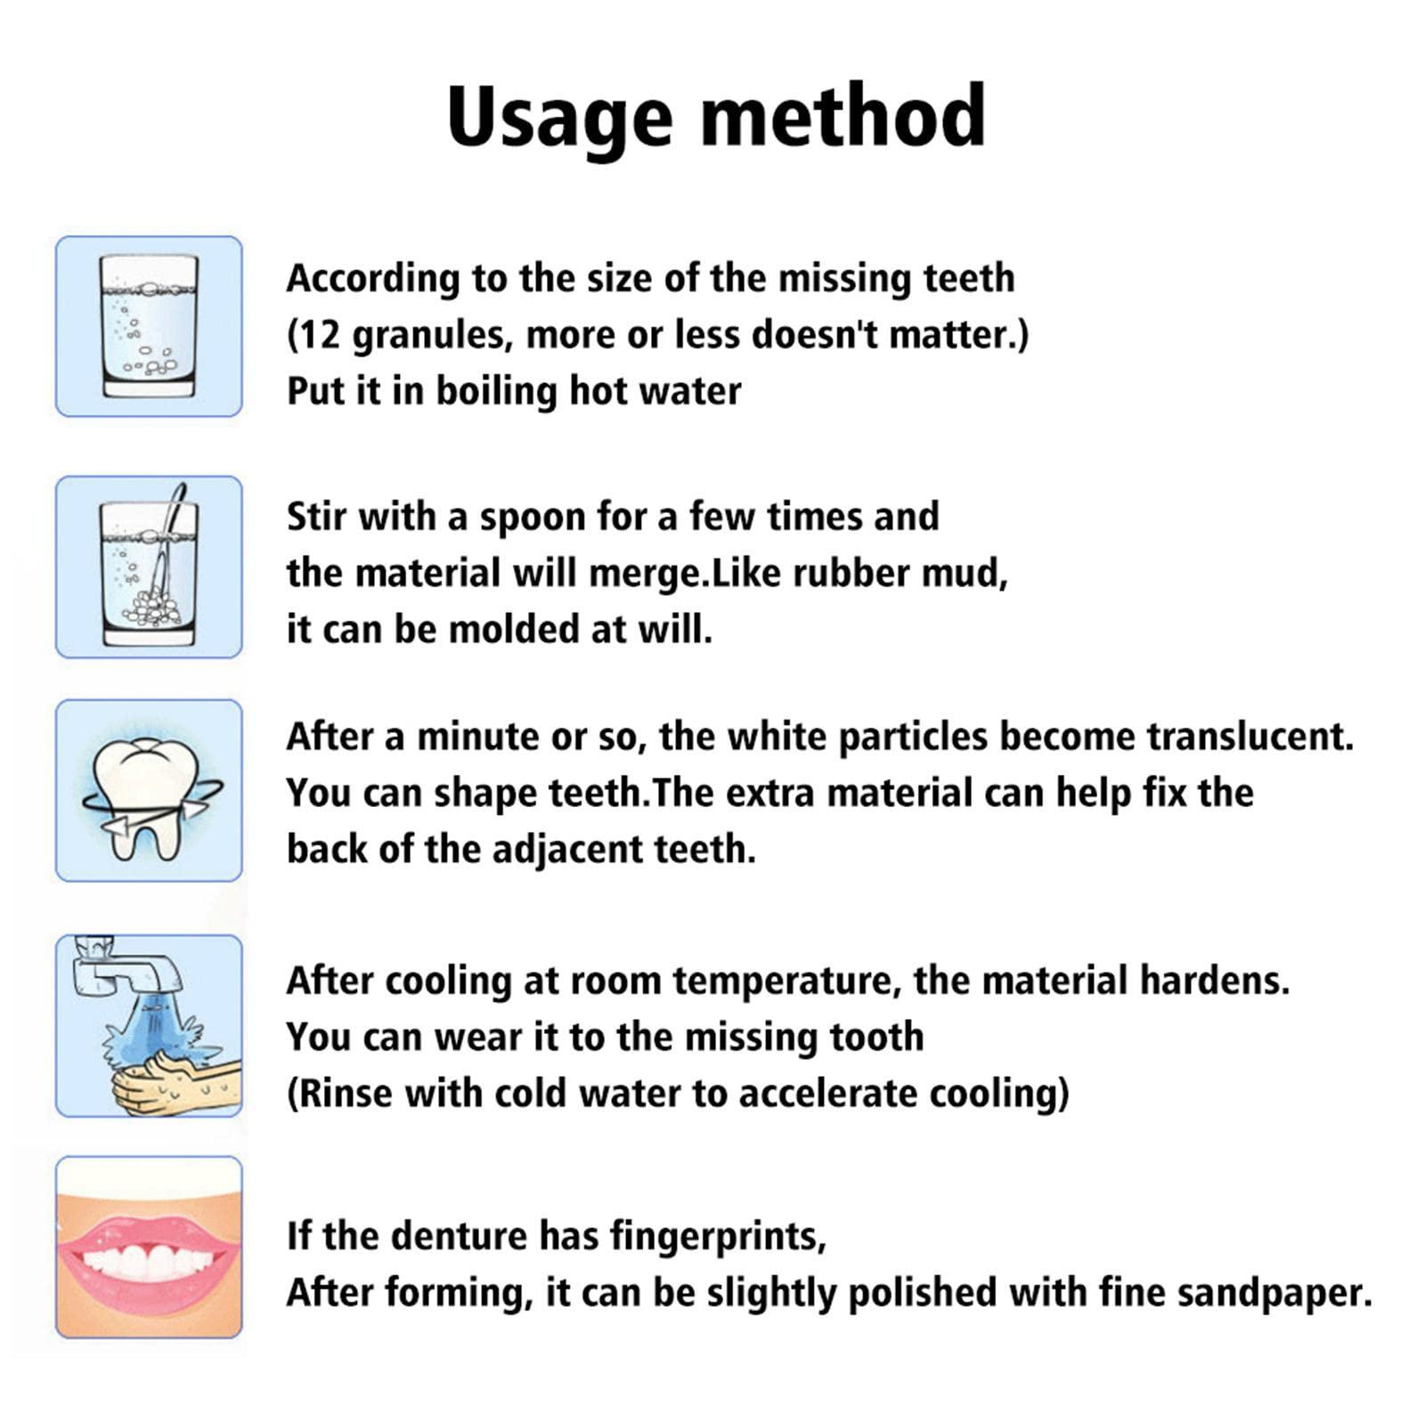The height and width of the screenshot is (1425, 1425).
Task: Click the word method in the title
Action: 843,116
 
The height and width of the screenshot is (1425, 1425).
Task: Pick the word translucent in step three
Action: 1249,737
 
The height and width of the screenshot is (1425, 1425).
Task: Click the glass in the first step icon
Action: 149,326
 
